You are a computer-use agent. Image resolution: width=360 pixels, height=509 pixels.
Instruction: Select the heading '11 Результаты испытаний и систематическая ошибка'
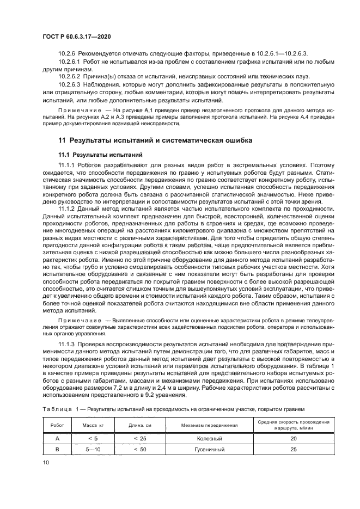pos(155,140)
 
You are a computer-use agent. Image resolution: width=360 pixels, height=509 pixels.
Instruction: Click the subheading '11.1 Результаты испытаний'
pos(100,154)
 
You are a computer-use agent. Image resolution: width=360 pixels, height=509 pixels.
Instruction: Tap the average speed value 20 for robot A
pos(294,438)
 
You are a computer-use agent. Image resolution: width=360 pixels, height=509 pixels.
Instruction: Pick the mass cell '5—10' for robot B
pos(89,450)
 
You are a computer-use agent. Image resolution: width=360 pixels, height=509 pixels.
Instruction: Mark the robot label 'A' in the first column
pos(57,438)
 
